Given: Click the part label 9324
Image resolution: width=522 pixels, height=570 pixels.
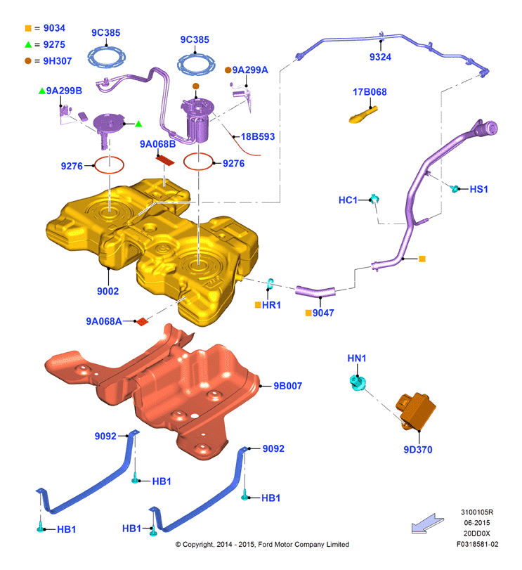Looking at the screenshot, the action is point(380,57).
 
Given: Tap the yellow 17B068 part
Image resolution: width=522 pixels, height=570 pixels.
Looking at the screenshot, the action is point(363,115).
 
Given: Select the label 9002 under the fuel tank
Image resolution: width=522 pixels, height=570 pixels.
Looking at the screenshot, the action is point(107,291).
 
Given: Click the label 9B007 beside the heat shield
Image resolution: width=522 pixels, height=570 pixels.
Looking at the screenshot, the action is point(288,386).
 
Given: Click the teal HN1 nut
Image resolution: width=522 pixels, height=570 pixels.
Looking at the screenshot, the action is point(358,383).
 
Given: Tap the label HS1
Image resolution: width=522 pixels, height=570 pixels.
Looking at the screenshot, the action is point(478,189).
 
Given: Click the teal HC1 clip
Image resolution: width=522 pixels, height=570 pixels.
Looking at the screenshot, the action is point(374,198).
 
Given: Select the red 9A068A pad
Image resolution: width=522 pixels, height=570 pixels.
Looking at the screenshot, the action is point(142,322).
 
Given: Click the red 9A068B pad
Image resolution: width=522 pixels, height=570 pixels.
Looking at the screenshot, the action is point(165,160).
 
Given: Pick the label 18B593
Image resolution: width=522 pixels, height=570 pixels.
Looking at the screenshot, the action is point(258,136).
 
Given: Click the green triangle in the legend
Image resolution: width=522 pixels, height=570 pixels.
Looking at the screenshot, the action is point(28,44).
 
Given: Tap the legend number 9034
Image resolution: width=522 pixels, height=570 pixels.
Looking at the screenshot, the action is point(54,28).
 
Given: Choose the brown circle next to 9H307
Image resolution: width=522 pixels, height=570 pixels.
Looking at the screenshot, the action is point(28,60).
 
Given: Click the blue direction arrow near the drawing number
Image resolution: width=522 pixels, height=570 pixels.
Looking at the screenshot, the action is point(428,524).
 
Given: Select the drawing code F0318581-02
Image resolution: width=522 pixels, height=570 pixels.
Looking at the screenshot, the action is point(477,544).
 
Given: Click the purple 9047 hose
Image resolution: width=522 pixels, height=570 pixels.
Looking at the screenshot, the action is point(315,291).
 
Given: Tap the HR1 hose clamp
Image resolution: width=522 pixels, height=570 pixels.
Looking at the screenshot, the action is point(270,284).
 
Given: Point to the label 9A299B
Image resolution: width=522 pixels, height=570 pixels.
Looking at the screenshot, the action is point(64,91).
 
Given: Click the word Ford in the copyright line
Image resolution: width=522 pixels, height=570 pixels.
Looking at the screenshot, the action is point(265,544).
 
